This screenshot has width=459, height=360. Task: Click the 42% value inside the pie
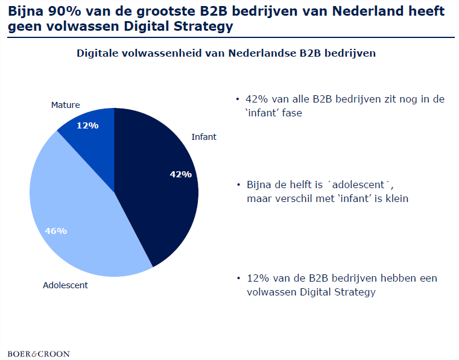180,174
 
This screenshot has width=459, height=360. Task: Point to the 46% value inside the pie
56,230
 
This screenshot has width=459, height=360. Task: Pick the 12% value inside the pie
87,125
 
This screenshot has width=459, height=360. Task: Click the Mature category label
65,105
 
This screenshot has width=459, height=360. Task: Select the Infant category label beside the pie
203,137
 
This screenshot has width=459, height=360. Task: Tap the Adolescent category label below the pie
65,285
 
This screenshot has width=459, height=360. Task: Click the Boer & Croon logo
39,353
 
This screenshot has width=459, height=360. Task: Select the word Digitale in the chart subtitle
98,53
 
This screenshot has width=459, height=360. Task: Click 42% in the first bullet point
258,99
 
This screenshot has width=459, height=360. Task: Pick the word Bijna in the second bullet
259,185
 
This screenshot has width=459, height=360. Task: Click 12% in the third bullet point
258,279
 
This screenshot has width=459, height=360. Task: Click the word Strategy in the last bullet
355,292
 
